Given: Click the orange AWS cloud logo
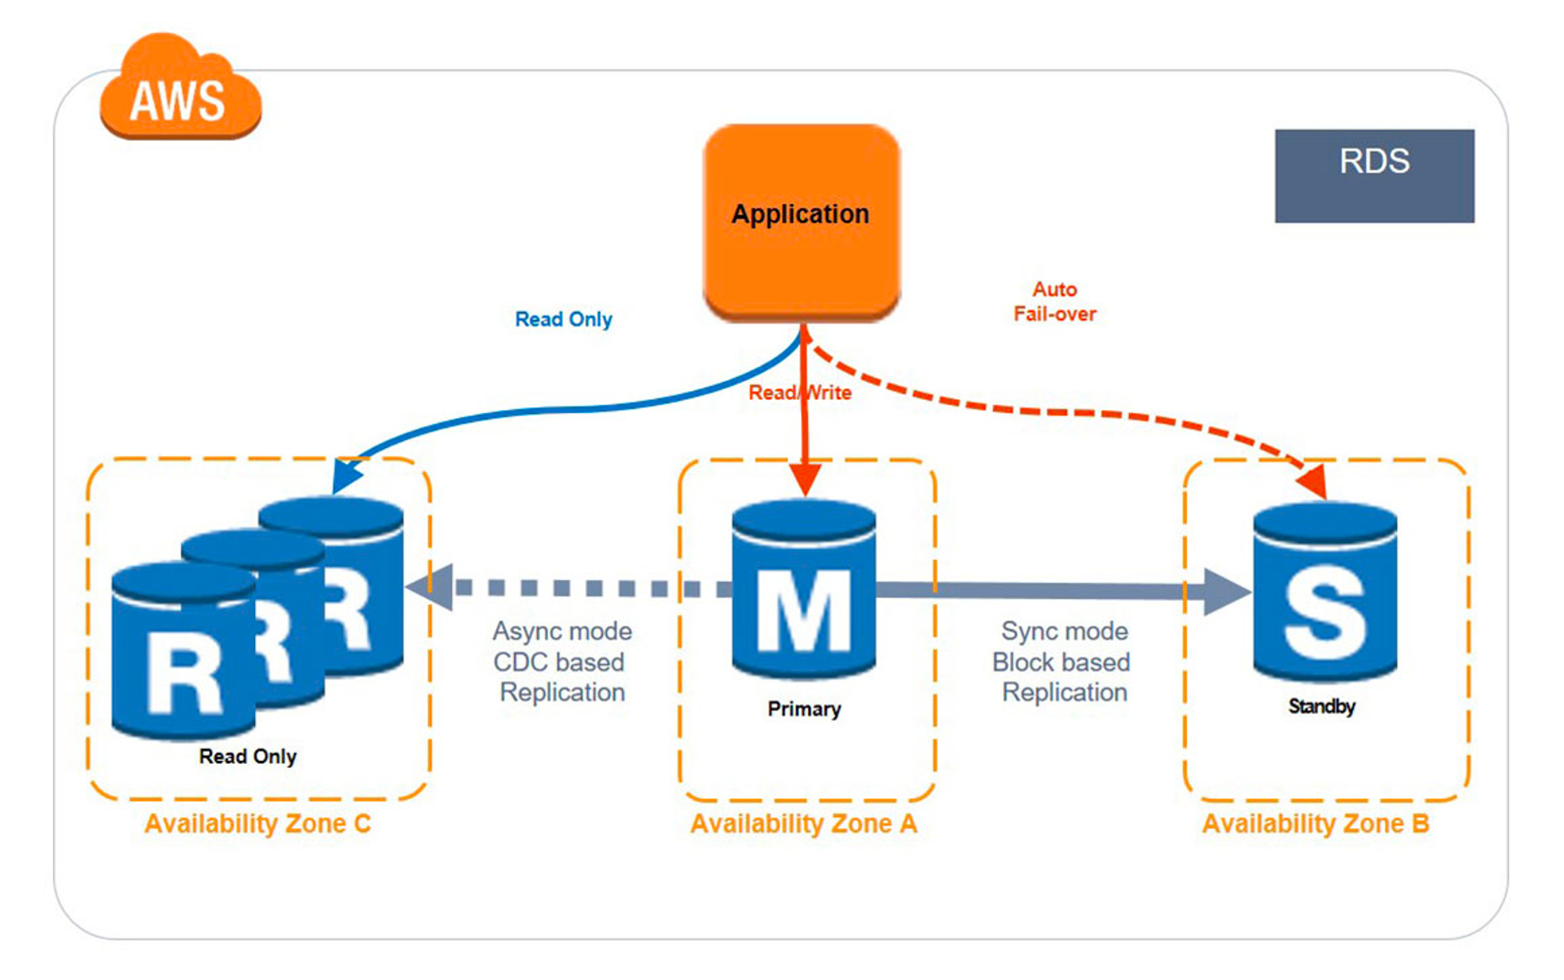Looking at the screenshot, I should pos(180,90).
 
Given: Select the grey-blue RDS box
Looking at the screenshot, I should pos(1374,175).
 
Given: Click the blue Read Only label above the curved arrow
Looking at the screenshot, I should pos(563,319).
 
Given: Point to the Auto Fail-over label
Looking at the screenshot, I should pos(1054,301).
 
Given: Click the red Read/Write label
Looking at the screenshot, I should pos(799,393).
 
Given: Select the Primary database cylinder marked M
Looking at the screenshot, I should pos(804,591).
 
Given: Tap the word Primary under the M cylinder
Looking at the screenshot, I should pos(804,709).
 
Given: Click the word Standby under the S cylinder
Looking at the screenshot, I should pos(1321,706).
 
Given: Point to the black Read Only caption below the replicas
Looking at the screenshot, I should pos(248,757).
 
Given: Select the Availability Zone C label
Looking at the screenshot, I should pos(257,824).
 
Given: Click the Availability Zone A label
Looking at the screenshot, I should pos(804,824).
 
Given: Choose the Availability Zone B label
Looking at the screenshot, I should pos(1316,824).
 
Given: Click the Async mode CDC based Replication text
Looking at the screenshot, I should pos(562,661).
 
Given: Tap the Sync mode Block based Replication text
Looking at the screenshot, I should pos(1062,661).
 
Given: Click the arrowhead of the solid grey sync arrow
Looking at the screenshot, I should pos(1226,591).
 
